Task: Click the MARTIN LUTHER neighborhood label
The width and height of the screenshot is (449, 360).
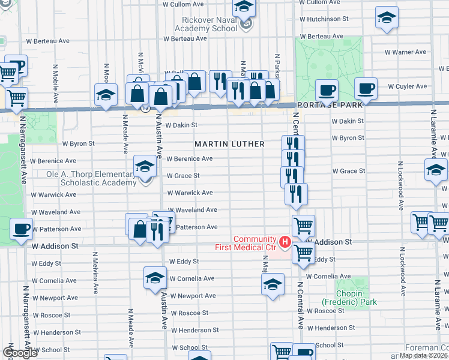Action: pyautogui.click(x=229, y=144)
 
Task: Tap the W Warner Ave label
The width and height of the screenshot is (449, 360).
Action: pyautogui.click(x=405, y=52)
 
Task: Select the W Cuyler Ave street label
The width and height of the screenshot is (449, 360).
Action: pyautogui.click(x=407, y=86)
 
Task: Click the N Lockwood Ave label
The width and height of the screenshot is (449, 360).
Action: pyautogui.click(x=400, y=185)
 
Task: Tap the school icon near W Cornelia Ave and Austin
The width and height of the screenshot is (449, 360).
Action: pyautogui.click(x=155, y=278)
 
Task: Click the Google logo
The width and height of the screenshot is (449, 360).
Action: pyautogui.click(x=20, y=353)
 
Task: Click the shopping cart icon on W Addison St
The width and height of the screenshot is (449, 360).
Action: pyautogui.click(x=304, y=252)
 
